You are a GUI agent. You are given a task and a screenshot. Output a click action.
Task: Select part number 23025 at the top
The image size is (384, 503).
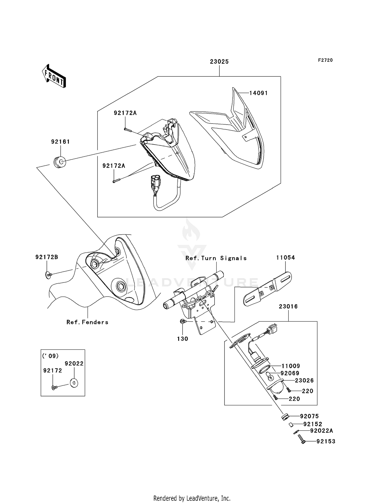(x=219, y=62)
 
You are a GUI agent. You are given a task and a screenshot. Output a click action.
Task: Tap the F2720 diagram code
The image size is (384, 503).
(x=325, y=60)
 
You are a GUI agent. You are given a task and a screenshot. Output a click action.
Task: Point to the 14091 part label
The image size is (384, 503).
(x=259, y=93)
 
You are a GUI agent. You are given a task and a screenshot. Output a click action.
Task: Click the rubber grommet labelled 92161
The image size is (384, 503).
(x=60, y=162)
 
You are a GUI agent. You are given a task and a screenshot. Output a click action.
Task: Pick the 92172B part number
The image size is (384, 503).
(x=47, y=257)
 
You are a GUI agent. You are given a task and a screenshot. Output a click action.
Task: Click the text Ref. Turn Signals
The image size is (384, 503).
(x=216, y=258)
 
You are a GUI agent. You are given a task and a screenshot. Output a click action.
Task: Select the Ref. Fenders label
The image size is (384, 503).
(x=87, y=322)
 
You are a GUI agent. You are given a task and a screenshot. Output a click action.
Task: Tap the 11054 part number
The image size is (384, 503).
(x=285, y=257)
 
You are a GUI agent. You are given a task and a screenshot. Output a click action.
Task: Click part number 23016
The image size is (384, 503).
(x=288, y=306)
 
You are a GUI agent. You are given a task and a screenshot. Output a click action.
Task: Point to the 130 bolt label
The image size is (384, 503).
(x=183, y=339)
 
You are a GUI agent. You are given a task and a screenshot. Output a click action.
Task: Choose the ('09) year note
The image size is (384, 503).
(x=50, y=356)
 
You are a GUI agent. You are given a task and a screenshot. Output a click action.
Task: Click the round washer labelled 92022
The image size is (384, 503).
(x=74, y=383)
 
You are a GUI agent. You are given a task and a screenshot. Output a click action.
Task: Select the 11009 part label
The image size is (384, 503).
(x=291, y=366)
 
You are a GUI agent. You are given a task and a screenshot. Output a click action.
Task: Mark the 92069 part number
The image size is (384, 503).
(x=290, y=373)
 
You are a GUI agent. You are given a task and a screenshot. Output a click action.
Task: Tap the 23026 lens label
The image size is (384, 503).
(x=304, y=380)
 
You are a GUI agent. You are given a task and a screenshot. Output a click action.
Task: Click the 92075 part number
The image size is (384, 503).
(x=310, y=416)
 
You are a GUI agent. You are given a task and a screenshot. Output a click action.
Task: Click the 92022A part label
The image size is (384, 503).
(x=322, y=431)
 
